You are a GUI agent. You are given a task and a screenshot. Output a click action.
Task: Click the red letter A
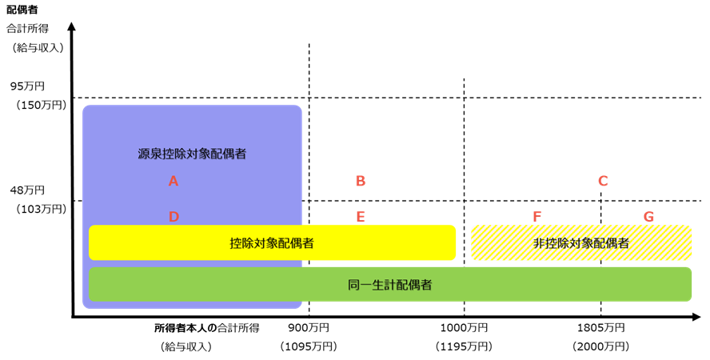[174, 182]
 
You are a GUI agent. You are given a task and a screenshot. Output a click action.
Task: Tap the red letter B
[361, 182]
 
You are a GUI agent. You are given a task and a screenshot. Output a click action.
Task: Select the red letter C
[603, 182]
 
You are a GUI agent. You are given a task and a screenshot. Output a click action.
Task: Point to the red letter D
[174, 217]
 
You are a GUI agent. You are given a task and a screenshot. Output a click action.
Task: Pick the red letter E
[361, 217]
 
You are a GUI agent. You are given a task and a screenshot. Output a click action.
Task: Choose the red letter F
[537, 217]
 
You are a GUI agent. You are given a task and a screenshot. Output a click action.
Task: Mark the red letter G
[648, 217]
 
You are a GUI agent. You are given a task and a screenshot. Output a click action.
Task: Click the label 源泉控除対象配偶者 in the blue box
[192, 154]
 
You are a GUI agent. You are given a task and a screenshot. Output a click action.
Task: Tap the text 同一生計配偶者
[390, 285]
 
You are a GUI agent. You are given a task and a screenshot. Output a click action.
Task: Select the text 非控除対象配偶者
[581, 243]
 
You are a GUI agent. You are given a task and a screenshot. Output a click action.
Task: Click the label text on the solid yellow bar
[272, 243]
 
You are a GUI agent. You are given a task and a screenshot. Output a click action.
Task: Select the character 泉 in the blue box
[156, 154]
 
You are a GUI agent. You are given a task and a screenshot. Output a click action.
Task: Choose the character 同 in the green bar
[354, 285]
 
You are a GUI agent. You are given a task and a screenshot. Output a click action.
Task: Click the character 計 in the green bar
[390, 285]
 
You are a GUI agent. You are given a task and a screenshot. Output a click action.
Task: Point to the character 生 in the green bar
[378, 285]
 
